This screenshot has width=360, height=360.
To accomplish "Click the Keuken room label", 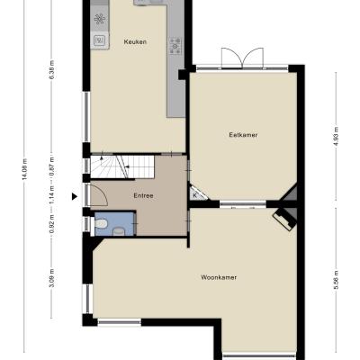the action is pos(135,41).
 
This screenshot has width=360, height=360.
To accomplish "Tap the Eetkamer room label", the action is pos(243,135).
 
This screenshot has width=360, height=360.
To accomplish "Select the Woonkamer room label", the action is pos(219,277).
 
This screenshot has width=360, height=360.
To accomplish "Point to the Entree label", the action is pos(143,195).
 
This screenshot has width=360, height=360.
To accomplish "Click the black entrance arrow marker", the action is pos(74,196).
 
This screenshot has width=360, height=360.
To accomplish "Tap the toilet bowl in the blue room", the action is pos(100,223).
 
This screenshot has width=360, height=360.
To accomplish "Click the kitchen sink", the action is pos(99,40).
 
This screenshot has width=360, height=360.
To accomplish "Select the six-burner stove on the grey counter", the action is pos(175,46).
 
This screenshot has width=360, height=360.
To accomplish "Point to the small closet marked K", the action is pos(196,193).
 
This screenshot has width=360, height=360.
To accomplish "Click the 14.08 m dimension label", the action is pos(25,169).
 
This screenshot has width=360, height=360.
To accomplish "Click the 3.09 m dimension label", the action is pos(51,278).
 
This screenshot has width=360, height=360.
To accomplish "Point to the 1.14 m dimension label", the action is pos(51,195).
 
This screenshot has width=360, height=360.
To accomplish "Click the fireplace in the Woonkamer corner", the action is pos(284,219).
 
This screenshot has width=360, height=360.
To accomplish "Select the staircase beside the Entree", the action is pos(122,166).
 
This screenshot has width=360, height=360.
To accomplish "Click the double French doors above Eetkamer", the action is pos(242,58).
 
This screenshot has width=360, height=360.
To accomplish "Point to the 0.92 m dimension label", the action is pos(51,224).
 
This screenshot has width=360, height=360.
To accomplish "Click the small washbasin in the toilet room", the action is pos(119,231).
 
